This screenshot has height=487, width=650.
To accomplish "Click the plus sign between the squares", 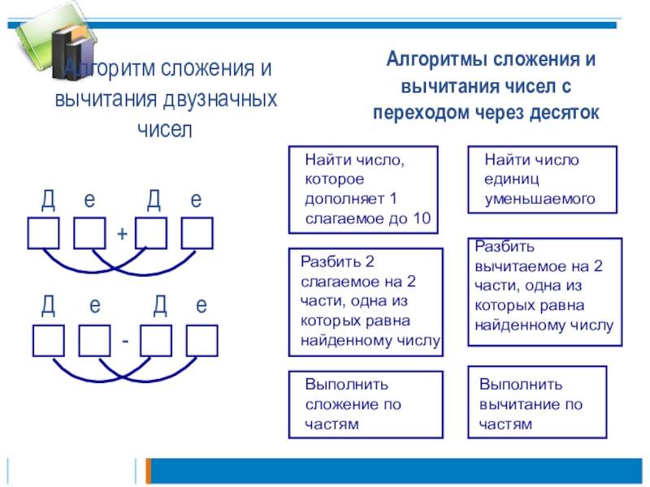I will click(122, 234).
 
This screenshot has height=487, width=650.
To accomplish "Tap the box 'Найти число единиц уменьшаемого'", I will click(542, 179).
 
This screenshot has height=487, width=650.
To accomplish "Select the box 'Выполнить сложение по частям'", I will click(366, 404).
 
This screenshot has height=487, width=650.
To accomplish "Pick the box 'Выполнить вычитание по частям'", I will click(537, 403).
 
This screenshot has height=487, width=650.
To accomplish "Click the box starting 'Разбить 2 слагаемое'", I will click(366, 303).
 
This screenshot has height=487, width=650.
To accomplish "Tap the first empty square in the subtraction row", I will click(48, 340).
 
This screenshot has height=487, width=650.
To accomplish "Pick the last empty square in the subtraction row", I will click(201, 340).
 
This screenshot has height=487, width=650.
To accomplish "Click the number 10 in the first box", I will click(422, 218).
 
